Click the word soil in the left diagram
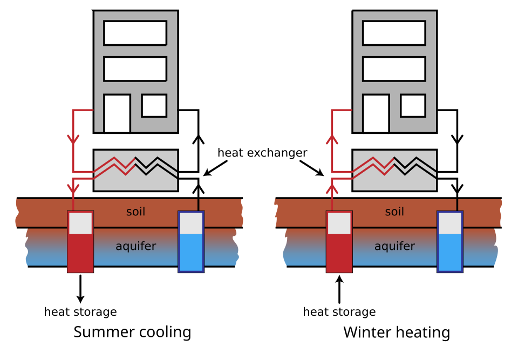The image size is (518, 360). coord(135,212)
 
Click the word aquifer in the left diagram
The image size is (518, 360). coord(135,247)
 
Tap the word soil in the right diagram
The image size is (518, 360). coord(394,212)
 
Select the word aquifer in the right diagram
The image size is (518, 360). coord(394,247)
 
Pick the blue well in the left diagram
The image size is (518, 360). coord(191,251)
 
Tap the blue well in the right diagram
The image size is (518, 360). coord(450,251)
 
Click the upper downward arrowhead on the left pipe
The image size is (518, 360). coord(73,139)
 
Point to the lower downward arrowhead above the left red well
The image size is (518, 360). coord(73,189)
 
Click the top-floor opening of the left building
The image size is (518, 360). coord(135,33)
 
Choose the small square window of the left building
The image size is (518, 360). coord(154,105)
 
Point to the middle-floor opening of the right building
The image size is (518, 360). coord(394,69)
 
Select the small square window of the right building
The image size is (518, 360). coord(413,105)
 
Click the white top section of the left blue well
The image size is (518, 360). coord(191,223)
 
